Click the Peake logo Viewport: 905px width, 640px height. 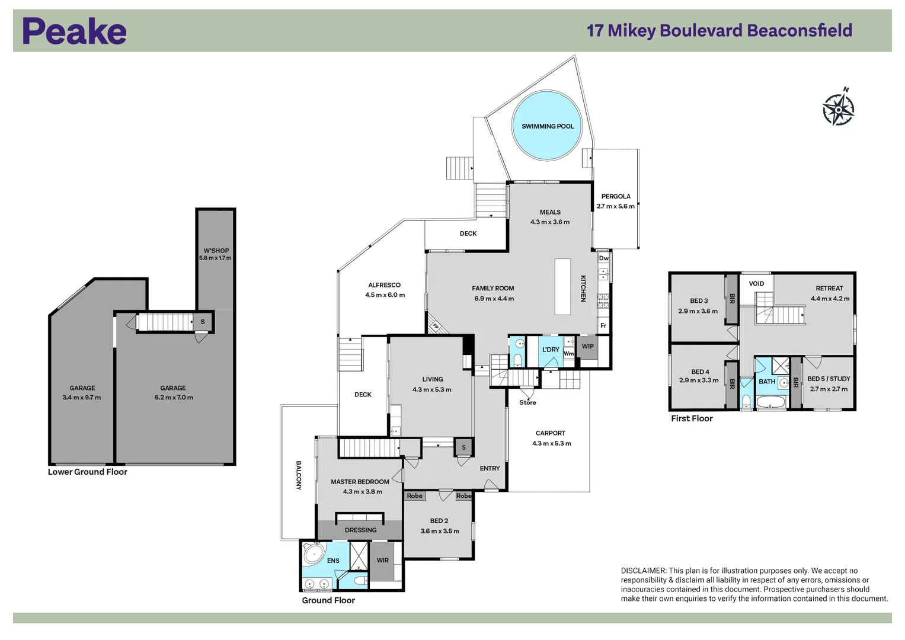coord(74,31)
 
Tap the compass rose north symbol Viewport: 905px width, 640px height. coord(839,108)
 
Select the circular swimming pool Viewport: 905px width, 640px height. coord(547,126)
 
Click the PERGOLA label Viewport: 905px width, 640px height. coord(616,196)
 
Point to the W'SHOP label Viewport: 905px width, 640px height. coord(216,251)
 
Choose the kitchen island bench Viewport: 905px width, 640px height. coord(562,286)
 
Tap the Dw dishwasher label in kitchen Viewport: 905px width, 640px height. coord(603,258)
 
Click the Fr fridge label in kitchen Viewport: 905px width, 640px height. coord(603,325)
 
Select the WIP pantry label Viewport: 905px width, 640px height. coord(587,347)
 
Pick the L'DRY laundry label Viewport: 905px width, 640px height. coord(551,350)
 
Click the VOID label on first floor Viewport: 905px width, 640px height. coord(756,284)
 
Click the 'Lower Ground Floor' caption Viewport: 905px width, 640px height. coord(88,472)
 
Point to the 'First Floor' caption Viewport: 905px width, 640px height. coord(692,418)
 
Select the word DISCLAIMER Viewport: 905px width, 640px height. coord(643,571)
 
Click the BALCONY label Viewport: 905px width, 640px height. coord(299,475)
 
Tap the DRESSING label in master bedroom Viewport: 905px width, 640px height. coord(360,530)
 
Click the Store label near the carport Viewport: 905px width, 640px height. coord(527,403)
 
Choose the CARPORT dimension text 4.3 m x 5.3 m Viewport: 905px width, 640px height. coord(551,443)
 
